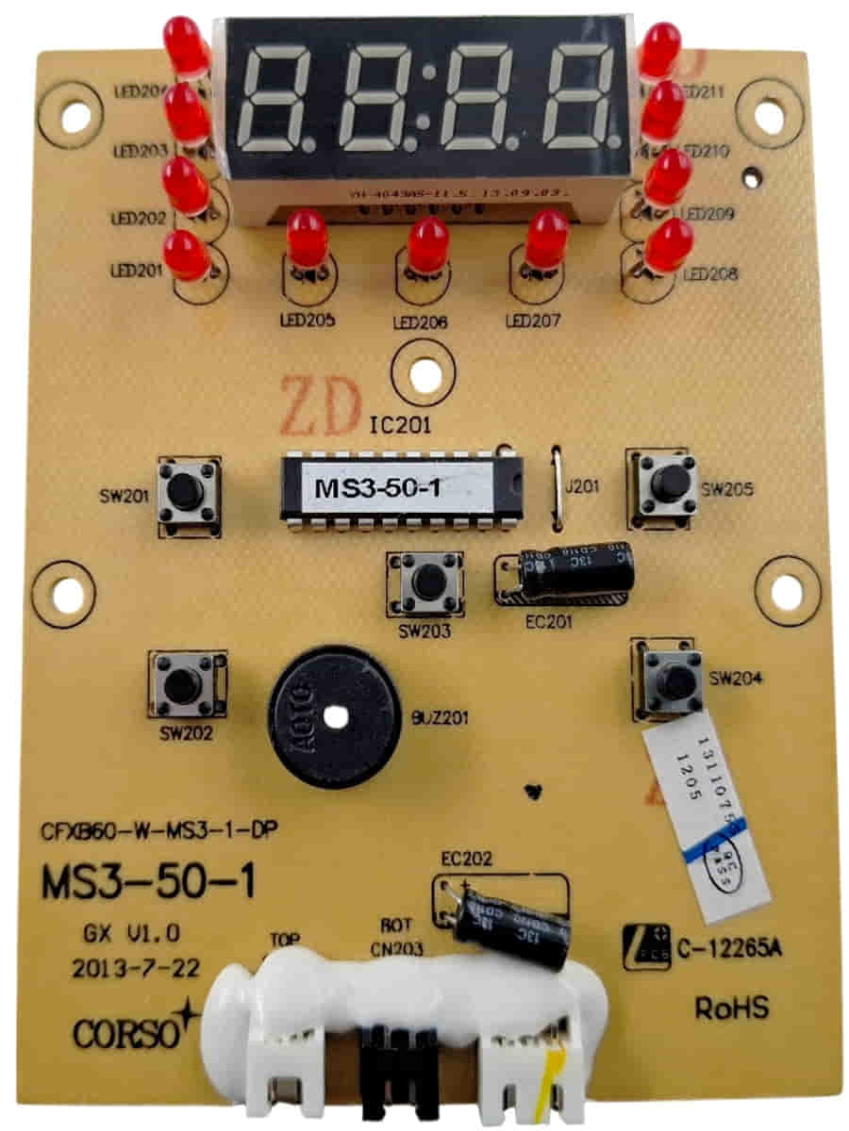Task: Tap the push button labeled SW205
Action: [668, 483]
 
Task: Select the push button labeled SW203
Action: [424, 584]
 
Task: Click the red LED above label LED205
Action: [307, 238]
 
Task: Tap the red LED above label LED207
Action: [547, 238]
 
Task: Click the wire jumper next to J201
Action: [557, 487]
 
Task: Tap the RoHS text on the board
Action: [731, 1008]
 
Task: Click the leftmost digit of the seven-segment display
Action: [280, 100]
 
